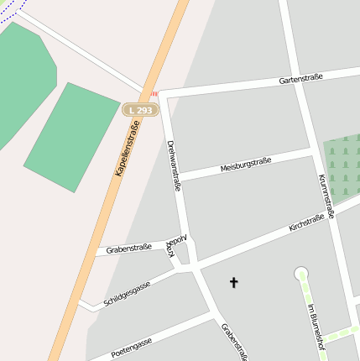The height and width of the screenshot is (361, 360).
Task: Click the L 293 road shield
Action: tap(141, 109)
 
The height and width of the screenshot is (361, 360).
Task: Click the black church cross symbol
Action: tap(233, 283)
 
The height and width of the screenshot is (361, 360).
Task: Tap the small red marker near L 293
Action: tap(154, 94)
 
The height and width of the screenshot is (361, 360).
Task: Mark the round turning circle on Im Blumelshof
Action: tap(301, 273)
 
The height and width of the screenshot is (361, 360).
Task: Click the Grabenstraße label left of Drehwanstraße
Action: tap(128, 249)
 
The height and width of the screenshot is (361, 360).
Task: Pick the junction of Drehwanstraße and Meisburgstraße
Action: tap(180, 179)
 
